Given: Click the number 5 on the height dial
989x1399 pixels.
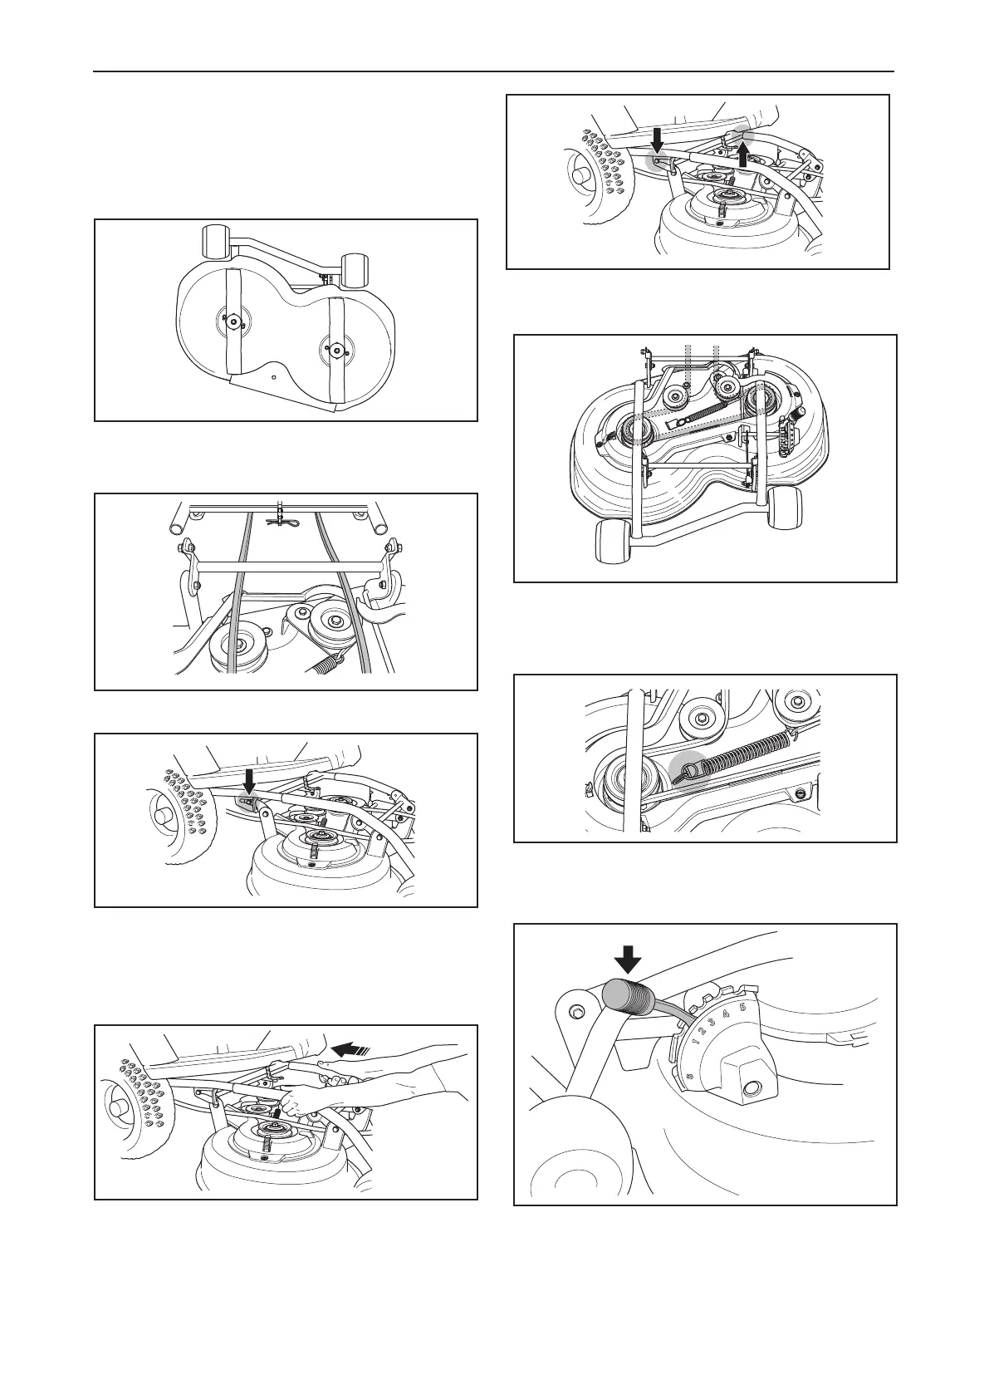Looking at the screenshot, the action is (x=742, y=1007).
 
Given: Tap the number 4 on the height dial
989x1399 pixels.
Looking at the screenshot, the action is (x=726, y=1014).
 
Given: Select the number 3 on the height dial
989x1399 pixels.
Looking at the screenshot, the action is (x=712, y=1023).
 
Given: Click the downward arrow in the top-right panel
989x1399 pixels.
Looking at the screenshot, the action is (x=657, y=140).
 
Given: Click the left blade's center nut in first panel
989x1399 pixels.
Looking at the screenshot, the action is (x=233, y=319).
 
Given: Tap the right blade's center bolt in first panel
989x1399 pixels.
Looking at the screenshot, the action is (x=336, y=351).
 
